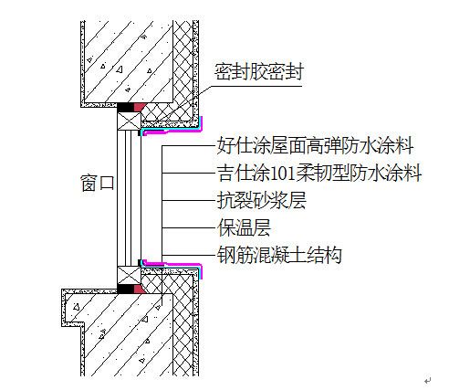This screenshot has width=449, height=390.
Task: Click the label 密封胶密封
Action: coord(259,72)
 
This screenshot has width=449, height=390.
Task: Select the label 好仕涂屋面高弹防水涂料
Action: coord(315,145)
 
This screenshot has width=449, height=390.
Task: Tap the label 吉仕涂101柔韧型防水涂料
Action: coord(319,173)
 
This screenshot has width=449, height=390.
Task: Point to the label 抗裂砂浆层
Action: coord(261,200)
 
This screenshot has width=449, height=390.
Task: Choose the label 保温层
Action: coord(244,227)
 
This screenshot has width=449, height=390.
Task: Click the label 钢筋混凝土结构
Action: coord(279,255)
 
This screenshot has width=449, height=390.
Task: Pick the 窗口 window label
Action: coord(98,183)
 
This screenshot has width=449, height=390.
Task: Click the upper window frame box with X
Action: coord(130,121)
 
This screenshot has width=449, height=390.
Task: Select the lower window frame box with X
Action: coord(130,275)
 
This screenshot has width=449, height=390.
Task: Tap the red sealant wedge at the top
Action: coord(139,107)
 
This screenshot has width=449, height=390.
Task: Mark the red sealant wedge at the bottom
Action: coord(139,289)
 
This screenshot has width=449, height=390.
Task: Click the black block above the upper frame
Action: coord(126,107)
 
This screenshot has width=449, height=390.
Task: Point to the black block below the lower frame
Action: coord(126,289)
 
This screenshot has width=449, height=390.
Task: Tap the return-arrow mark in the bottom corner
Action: coord(428,380)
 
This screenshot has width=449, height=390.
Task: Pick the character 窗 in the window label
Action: coord(89,183)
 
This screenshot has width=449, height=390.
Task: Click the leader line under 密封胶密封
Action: coord(256,87)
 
